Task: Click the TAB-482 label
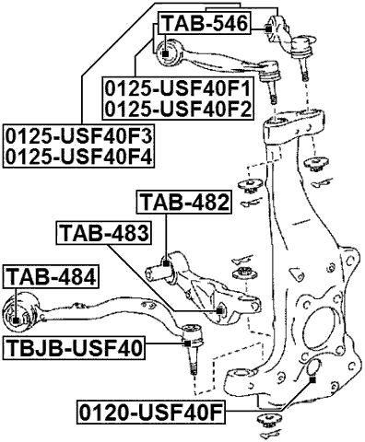(x=182, y=203)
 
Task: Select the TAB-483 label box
(x=102, y=234)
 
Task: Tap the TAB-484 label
(x=50, y=275)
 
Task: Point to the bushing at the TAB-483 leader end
(x=219, y=312)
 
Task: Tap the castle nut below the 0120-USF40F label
(x=270, y=422)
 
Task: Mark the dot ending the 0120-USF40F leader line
(x=312, y=377)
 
